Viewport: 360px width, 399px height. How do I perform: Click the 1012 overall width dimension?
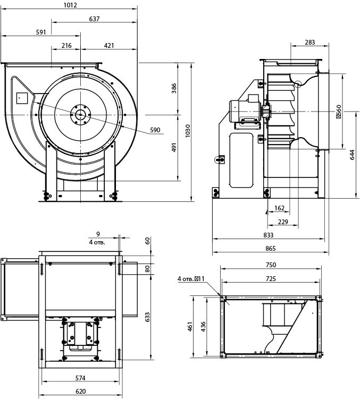(70, 5)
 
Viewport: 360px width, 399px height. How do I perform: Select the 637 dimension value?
(94, 19)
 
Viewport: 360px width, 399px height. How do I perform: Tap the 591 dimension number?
(41, 32)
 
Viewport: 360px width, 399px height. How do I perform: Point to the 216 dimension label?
(66, 46)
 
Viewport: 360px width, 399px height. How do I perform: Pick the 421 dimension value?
(109, 46)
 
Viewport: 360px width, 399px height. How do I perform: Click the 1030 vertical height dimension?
(188, 131)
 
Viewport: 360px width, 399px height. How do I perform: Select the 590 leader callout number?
(155, 130)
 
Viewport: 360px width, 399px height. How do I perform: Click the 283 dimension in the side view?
(310, 43)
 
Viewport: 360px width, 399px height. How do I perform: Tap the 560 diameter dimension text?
(339, 112)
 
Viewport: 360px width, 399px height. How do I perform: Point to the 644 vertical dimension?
(352, 155)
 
